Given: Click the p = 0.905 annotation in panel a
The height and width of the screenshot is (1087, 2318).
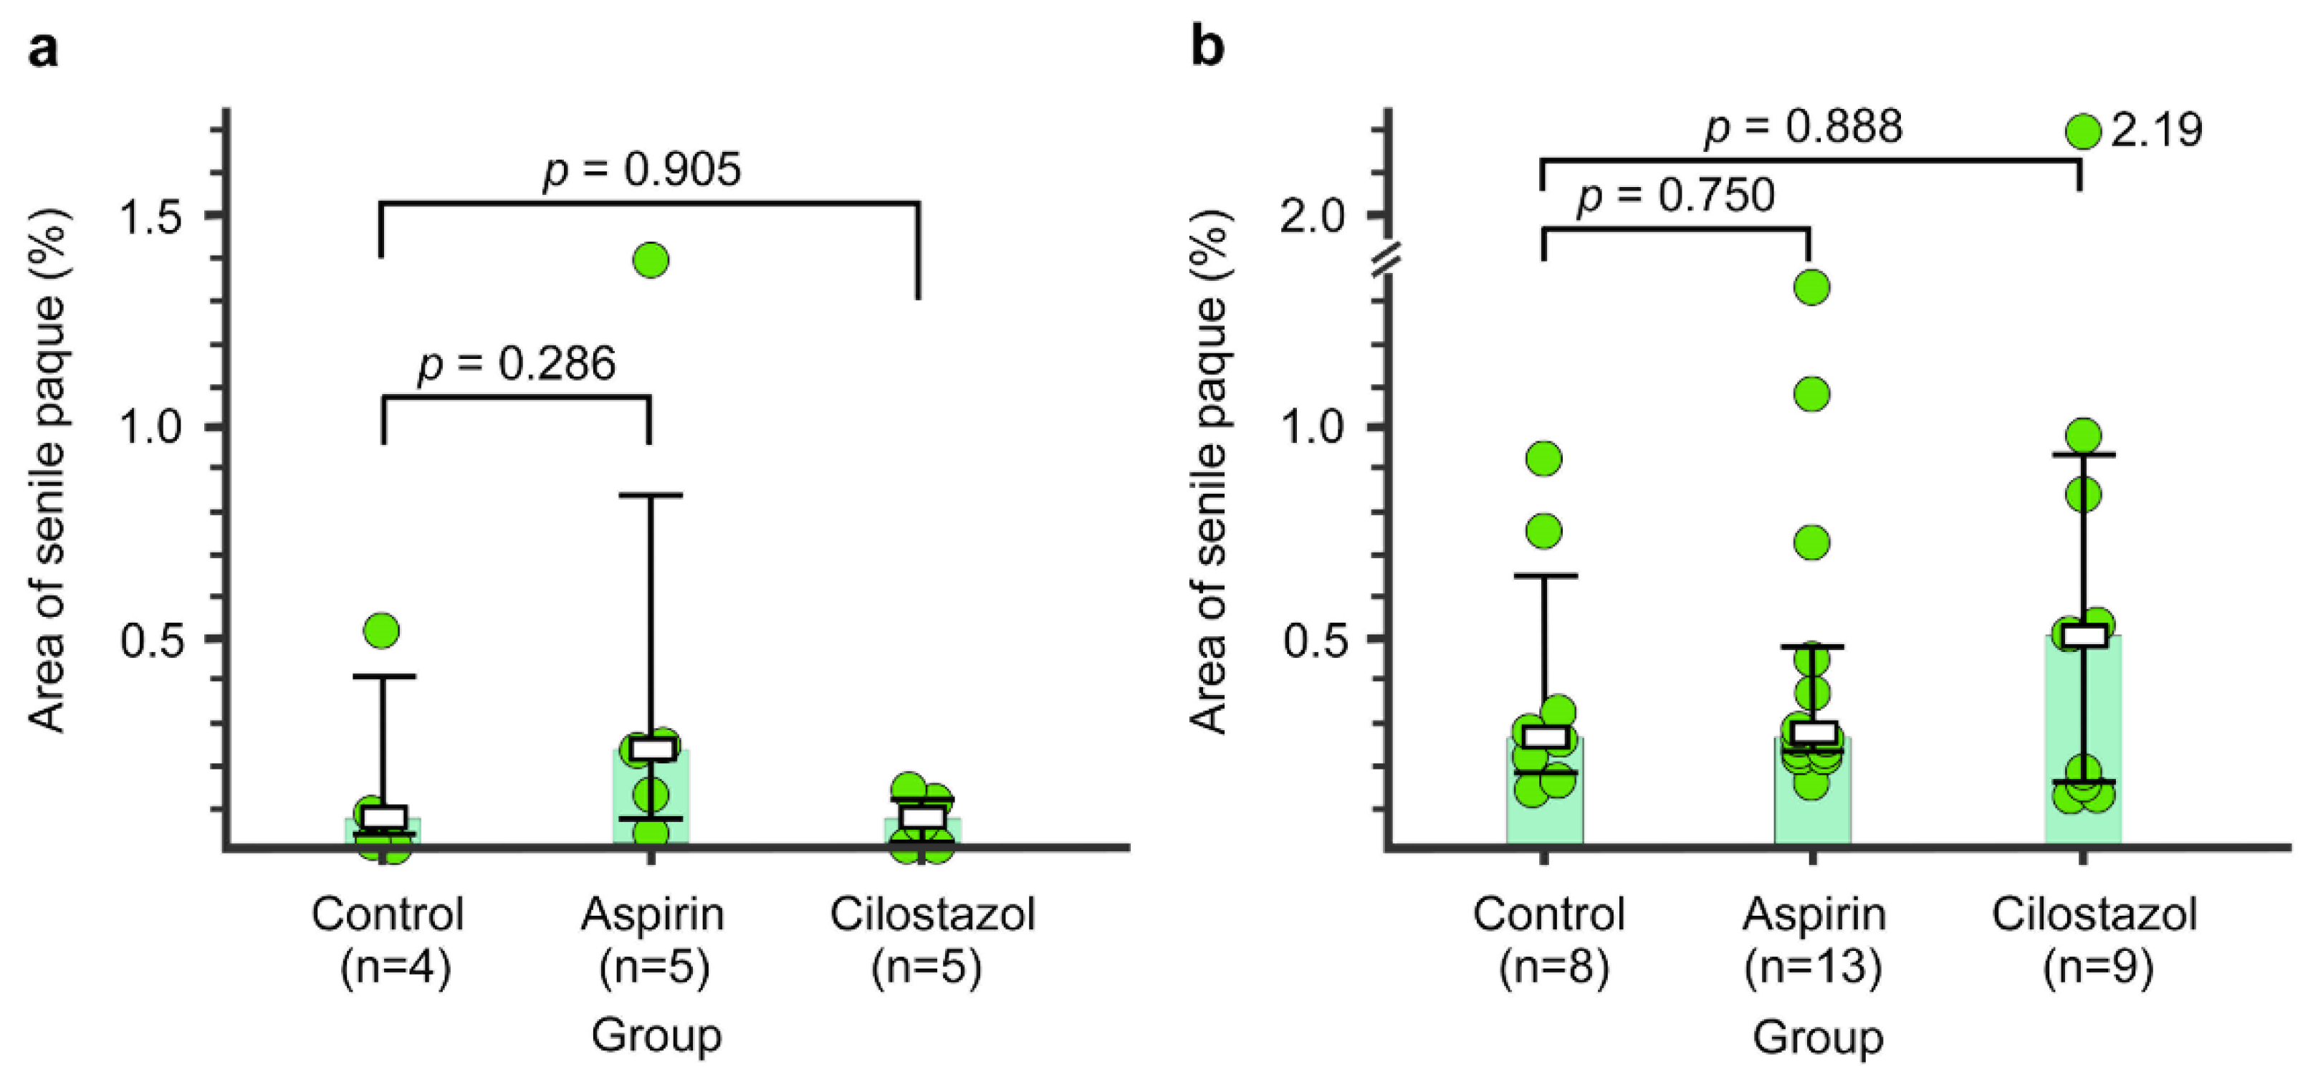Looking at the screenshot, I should [641, 170].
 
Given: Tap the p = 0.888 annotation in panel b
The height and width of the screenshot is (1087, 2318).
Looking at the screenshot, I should [1804, 127].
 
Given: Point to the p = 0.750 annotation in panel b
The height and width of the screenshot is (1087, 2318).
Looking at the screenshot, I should [1675, 196].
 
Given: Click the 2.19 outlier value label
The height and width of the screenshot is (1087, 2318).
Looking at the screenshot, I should [2156, 130].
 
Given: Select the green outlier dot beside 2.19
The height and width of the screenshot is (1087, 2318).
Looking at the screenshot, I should [2082, 131].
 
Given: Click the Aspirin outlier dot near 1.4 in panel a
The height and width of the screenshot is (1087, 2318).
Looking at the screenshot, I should [651, 261].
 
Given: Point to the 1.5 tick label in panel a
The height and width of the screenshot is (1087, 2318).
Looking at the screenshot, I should [152, 216].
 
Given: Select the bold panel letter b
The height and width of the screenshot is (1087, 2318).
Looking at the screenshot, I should [1207, 47].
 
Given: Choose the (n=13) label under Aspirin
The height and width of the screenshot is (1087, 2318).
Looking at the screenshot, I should [1812, 968].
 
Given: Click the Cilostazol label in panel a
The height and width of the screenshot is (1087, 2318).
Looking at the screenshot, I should [932, 914].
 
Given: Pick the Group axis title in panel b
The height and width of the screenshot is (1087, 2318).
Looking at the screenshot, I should [1817, 1037].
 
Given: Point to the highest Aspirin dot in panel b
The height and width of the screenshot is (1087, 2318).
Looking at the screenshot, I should [1811, 288].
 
